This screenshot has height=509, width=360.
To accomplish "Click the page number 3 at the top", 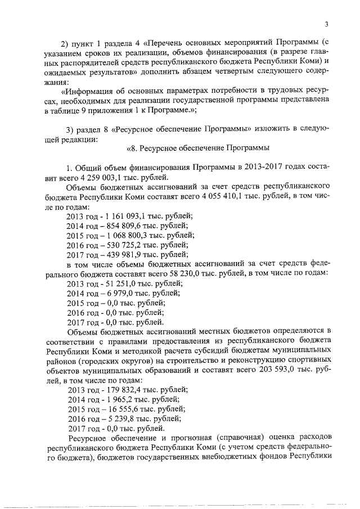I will coord(326,23).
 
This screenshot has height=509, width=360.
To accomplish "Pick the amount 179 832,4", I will coord(116,390).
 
